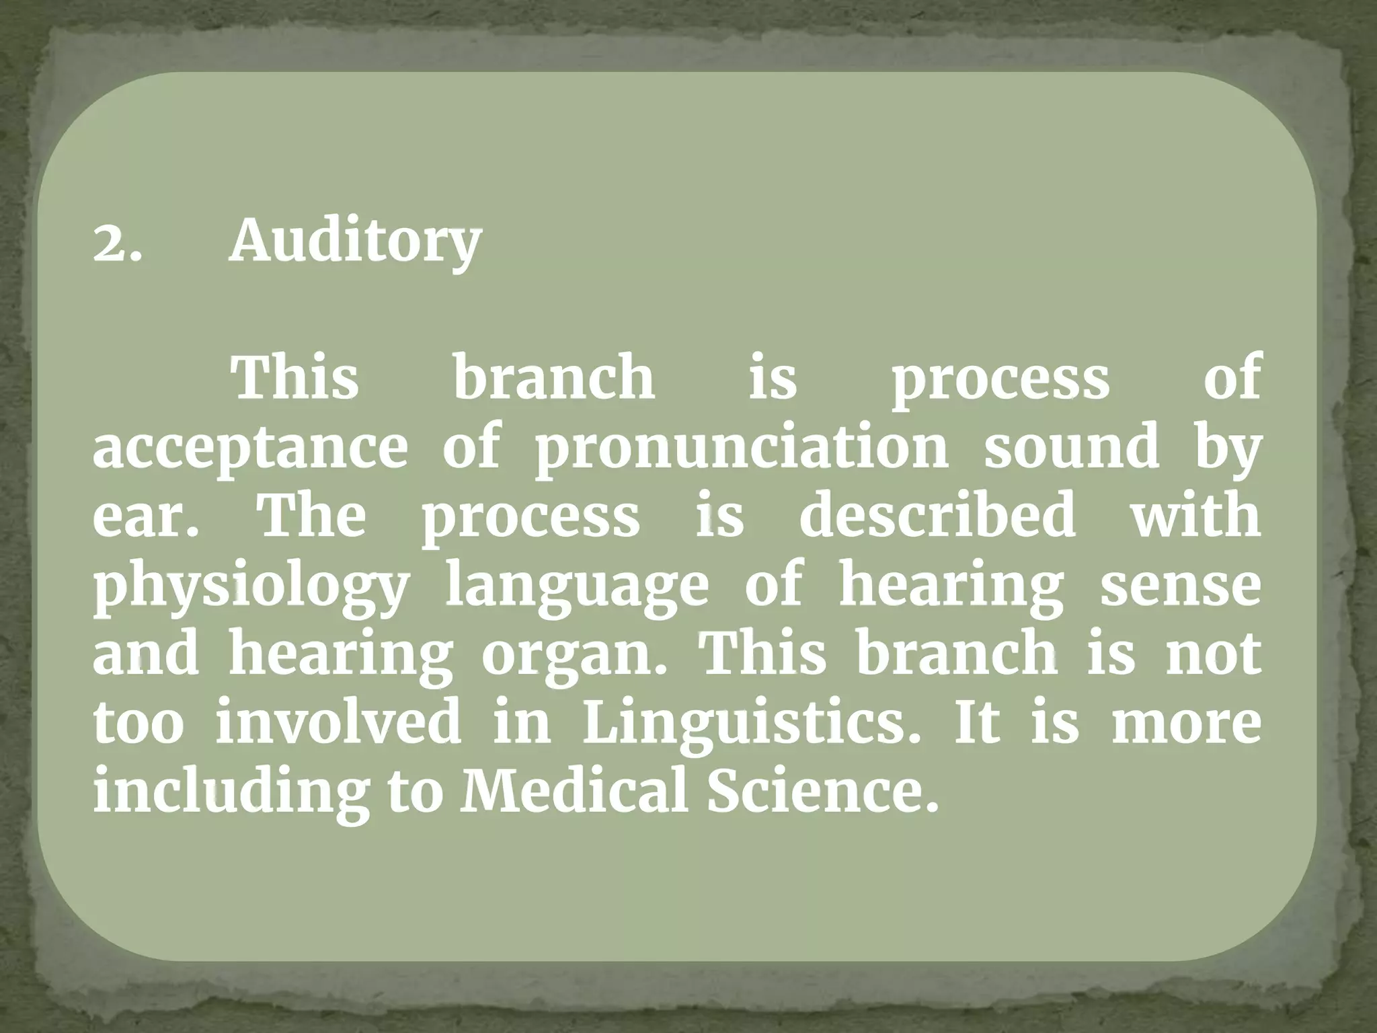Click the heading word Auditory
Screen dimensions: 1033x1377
[355, 242]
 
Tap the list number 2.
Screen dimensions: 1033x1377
[118, 243]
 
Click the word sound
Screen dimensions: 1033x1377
[1072, 447]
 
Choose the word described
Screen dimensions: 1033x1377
[938, 515]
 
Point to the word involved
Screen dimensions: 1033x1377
[338, 722]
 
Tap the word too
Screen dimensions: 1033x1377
[138, 724]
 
